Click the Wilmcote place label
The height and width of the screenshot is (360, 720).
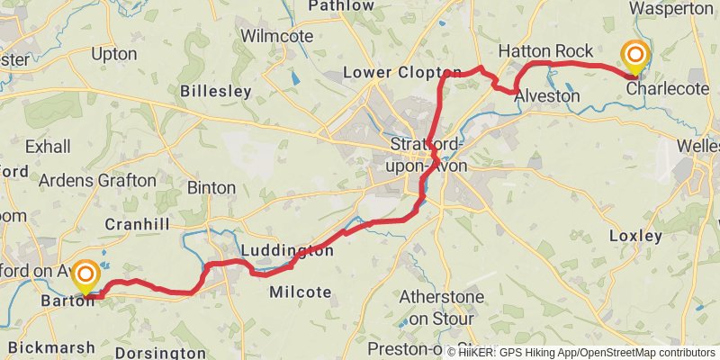click(277, 36)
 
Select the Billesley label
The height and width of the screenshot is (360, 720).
click(215, 91)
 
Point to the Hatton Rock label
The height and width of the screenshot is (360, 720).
click(545, 51)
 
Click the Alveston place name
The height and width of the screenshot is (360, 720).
click(547, 94)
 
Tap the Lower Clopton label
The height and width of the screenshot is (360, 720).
click(403, 72)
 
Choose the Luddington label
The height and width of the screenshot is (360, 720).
click(287, 250)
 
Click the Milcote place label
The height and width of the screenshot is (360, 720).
click(301, 292)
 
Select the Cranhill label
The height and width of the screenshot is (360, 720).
click(138, 223)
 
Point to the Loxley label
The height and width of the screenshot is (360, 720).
click(635, 236)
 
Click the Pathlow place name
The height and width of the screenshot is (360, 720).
click(341, 6)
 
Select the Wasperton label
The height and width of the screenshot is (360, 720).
click(670, 7)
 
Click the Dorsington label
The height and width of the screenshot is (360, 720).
click(161, 353)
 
